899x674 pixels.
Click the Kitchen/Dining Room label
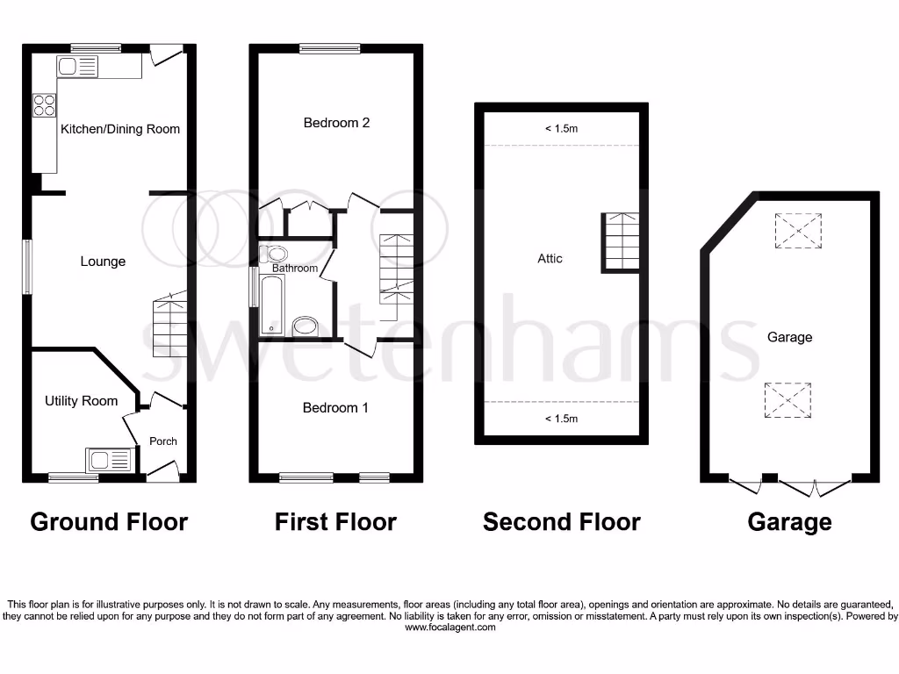(x=120, y=129)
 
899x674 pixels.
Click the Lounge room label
(x=103, y=262)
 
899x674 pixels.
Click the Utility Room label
(x=81, y=401)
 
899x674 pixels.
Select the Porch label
(x=163, y=441)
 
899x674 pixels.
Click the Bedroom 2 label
(x=336, y=123)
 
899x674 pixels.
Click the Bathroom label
(x=294, y=269)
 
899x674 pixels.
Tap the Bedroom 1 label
(x=335, y=408)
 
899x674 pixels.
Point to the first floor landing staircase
(x=395, y=268)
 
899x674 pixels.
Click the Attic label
(x=550, y=259)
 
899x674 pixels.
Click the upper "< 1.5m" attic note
(x=562, y=129)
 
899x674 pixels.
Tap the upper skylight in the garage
(x=797, y=230)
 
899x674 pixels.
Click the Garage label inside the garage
(x=789, y=337)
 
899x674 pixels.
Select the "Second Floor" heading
(x=561, y=522)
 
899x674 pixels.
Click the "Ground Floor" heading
(x=109, y=522)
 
